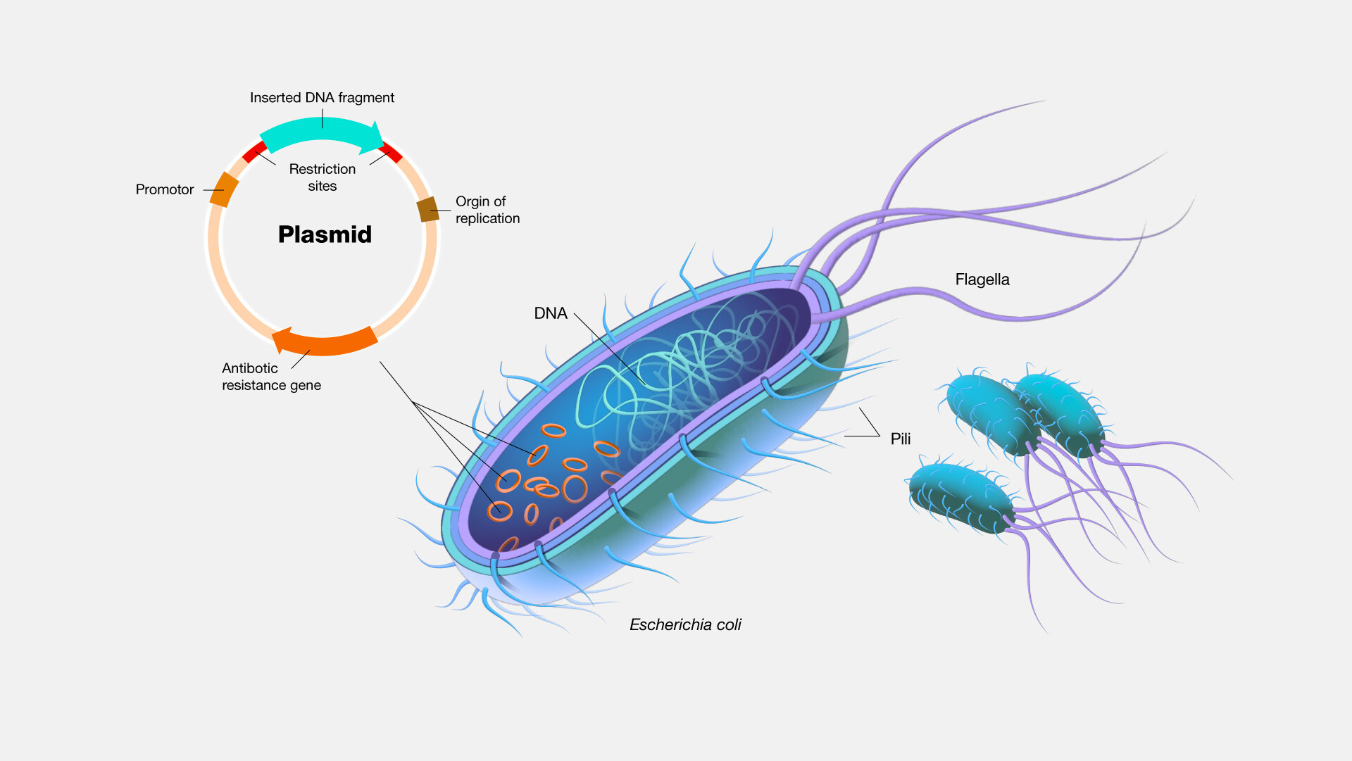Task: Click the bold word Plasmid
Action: pyautogui.click(x=325, y=234)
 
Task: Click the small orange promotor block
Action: pyautogui.click(x=224, y=189)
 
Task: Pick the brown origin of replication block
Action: pyautogui.click(x=427, y=209)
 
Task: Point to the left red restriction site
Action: pyautogui.click(x=254, y=151)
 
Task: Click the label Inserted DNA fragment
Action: pyautogui.click(x=322, y=98)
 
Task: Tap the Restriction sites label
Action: pyautogui.click(x=323, y=177)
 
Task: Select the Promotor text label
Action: pyautogui.click(x=164, y=189)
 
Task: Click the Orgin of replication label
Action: pyautogui.click(x=487, y=210)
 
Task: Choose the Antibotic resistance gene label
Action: pyautogui.click(x=271, y=377)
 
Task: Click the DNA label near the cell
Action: pyautogui.click(x=550, y=313)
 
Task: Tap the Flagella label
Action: pyautogui.click(x=982, y=279)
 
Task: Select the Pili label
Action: pyautogui.click(x=900, y=439)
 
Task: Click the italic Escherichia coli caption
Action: pyautogui.click(x=685, y=625)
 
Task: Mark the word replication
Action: pyautogui.click(x=487, y=218)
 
